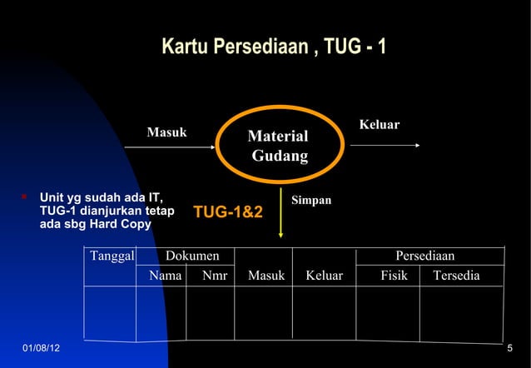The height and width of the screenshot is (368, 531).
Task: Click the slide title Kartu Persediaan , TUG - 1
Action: point(273,45)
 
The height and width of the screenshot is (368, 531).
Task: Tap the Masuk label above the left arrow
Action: point(166,132)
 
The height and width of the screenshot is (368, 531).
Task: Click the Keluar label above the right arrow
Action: point(380,125)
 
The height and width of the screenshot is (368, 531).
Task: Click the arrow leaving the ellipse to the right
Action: point(385,145)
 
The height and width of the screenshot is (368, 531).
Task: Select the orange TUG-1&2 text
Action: point(228,213)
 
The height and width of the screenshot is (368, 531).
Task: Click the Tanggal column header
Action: point(112,256)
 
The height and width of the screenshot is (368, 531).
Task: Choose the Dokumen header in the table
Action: point(192,256)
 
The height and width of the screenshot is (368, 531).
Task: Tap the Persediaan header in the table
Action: point(424,256)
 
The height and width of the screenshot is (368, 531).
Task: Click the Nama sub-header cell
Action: point(166,275)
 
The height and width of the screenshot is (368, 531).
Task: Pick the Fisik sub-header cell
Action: point(394,275)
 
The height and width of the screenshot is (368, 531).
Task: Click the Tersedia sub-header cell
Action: point(456,275)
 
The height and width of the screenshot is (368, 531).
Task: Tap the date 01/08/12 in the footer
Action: point(40,346)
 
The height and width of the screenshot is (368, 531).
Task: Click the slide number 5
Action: point(509,346)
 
